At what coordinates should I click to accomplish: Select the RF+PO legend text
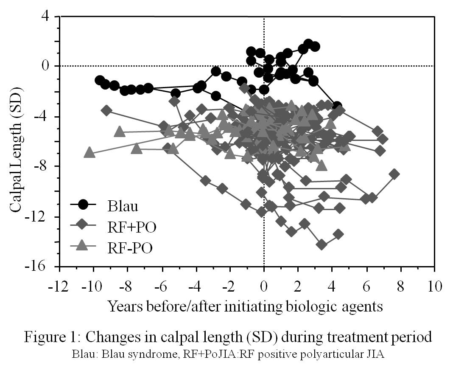tap(132, 227)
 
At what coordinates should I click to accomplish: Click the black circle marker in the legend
tap(83, 205)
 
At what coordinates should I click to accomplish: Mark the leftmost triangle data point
tap(89, 152)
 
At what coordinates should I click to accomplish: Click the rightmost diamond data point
tap(394, 174)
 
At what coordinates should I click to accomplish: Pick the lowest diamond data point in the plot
tap(322, 244)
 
